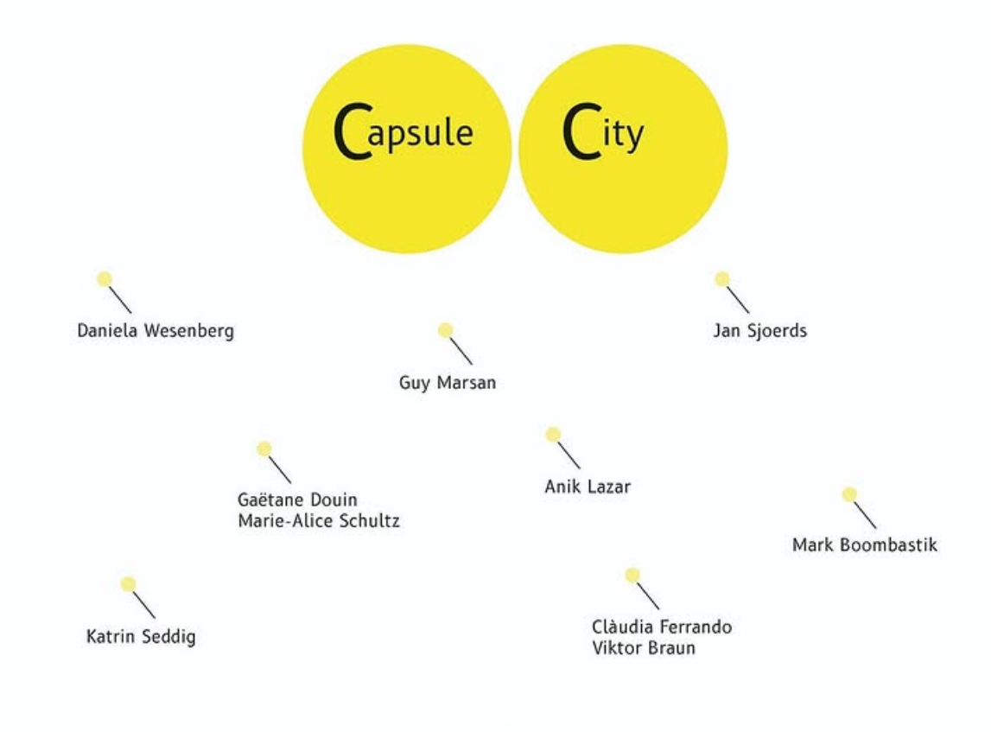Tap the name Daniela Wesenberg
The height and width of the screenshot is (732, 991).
point(156,331)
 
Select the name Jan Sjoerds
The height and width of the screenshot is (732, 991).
point(759,331)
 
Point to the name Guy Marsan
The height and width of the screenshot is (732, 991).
point(448,383)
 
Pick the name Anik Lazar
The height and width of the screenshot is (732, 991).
point(588,486)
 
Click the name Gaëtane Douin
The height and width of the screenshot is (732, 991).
point(298,500)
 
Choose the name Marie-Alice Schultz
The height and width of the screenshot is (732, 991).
point(319,520)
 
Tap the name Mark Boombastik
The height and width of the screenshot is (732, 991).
point(865,544)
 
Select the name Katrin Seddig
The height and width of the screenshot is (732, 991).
point(141,636)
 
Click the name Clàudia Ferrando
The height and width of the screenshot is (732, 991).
point(662,627)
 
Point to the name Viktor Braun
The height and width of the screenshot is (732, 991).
point(644,647)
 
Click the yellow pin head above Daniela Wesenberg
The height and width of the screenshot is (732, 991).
point(105,279)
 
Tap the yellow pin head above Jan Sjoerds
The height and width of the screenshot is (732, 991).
point(722,279)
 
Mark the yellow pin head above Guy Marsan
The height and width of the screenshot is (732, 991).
point(446,330)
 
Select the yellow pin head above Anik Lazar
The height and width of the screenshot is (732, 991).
point(553,434)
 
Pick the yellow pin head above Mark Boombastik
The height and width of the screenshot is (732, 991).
point(849,494)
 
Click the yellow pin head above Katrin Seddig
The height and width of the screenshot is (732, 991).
point(128,584)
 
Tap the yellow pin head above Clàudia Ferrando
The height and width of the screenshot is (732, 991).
point(632,576)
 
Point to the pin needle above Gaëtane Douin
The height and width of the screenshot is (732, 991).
point(280,469)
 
